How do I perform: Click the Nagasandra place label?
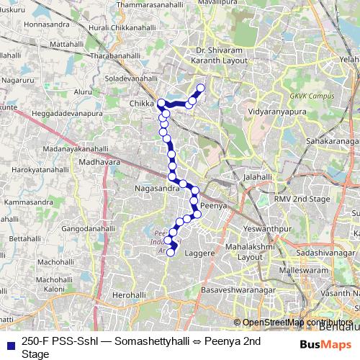tap(157, 188)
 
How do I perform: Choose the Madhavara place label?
tap(99, 163)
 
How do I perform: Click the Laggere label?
tap(201, 253)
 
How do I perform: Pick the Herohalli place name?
tap(130, 295)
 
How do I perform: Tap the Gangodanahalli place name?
tap(89, 228)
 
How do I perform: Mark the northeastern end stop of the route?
tap(200, 89)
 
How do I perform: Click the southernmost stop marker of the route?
tap(171, 252)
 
